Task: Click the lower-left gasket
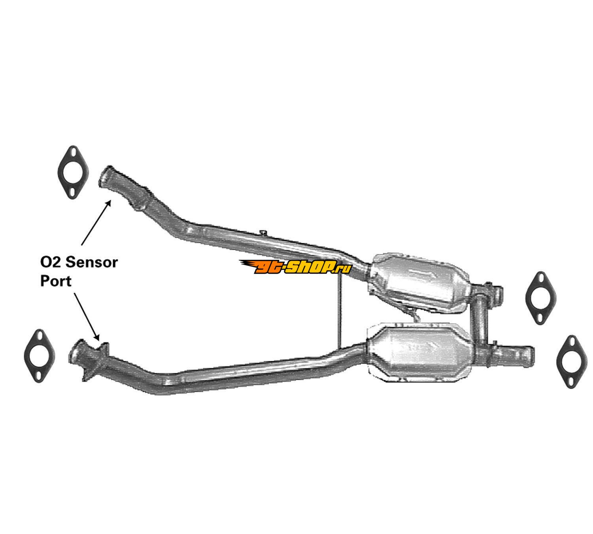39,356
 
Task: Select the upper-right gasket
540,298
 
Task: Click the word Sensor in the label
91,262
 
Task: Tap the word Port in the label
56,281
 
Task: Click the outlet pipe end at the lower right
522,353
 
